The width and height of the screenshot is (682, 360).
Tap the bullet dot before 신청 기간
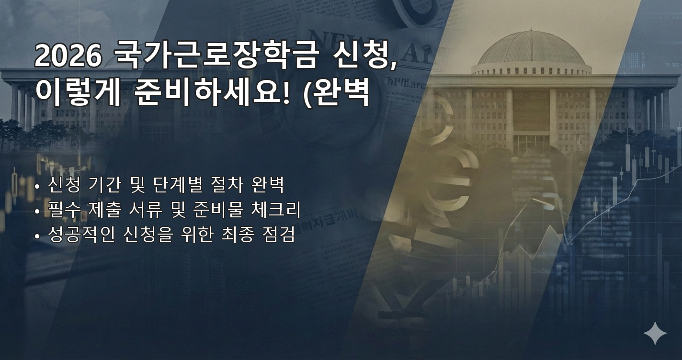[37, 187]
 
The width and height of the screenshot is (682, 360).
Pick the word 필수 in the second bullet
[63, 210]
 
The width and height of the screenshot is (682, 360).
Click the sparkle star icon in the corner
[655, 333]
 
